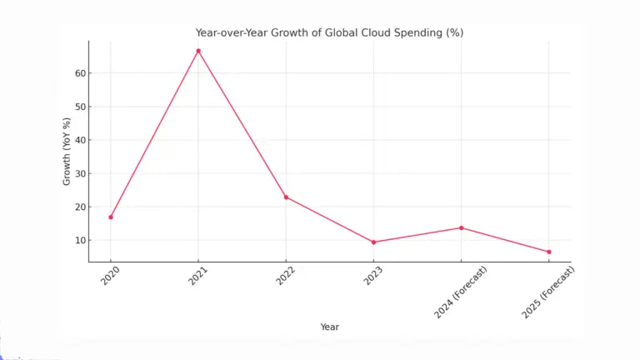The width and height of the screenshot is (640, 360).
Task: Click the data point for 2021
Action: pyautogui.click(x=198, y=51)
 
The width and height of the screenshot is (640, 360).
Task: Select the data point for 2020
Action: pyautogui.click(x=111, y=217)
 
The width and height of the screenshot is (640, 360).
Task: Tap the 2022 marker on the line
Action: pyautogui.click(x=286, y=197)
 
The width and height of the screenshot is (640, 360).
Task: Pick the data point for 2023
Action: pyautogui.click(x=373, y=242)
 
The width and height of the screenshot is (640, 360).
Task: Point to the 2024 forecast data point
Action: pyautogui.click(x=461, y=227)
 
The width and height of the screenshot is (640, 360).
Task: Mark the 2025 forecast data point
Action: pyautogui.click(x=548, y=252)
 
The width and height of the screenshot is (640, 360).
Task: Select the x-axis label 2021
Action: pyautogui.click(x=198, y=277)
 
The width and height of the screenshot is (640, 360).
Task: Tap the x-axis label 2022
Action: pyautogui.click(x=286, y=277)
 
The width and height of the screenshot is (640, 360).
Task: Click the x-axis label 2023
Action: pyautogui.click(x=373, y=277)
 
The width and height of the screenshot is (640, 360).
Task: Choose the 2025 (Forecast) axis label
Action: pyautogui.click(x=547, y=292)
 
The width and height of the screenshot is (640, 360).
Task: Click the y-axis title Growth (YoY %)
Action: pyautogui.click(x=67, y=151)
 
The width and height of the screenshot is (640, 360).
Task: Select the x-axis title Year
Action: pyautogui.click(x=329, y=327)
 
